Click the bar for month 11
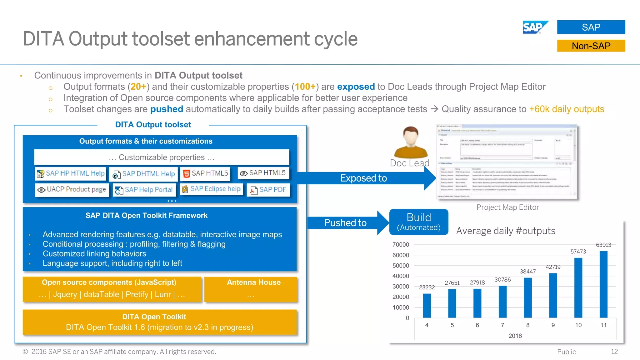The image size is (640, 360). click(603, 284)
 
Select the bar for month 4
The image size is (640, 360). click(427, 305)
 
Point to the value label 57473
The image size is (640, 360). click(578, 252)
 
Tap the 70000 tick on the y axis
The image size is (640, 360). click(401, 245)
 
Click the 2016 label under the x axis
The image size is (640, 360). click(515, 336)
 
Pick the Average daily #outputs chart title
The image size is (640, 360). click(506, 231)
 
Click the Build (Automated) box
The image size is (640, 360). click(418, 222)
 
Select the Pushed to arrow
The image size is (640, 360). click(347, 223)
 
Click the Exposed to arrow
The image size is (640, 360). click(364, 178)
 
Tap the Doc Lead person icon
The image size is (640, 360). click(410, 142)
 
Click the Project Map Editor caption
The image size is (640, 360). click(507, 207)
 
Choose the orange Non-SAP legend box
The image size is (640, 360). click(591, 46)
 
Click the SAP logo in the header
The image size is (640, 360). click(535, 27)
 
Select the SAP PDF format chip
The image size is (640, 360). click(268, 190)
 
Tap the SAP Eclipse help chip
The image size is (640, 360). click(212, 189)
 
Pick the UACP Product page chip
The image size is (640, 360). click(72, 189)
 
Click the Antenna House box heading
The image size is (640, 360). click(253, 282)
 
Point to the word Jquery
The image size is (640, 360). click(65, 294)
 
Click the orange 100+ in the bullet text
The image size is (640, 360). click(305, 87)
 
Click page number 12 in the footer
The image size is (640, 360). click(614, 352)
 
